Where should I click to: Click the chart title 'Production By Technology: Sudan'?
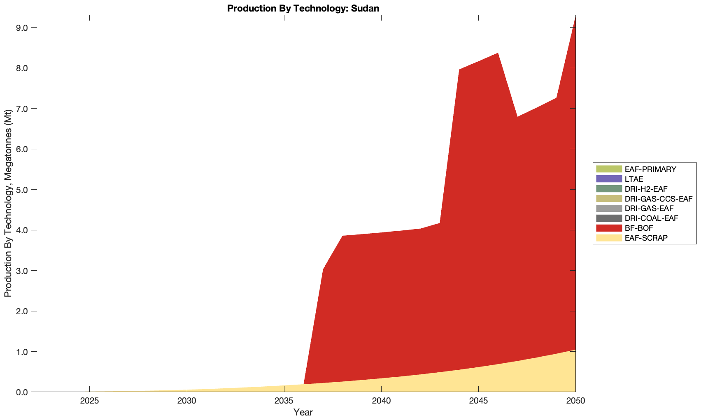click(x=303, y=8)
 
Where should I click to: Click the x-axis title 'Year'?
click(x=303, y=412)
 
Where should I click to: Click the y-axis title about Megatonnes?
click(x=8, y=204)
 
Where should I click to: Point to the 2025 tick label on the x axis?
click(x=89, y=401)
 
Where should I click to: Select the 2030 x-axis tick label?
click(x=187, y=401)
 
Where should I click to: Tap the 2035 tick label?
click(x=284, y=401)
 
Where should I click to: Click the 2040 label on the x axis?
click(x=381, y=401)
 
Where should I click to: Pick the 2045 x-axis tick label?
click(x=478, y=401)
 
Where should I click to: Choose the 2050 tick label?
click(x=575, y=401)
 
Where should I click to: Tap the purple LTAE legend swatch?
click(x=608, y=179)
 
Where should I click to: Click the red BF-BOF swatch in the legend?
click(x=608, y=228)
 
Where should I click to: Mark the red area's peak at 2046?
click(x=498, y=53)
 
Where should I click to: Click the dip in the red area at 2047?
click(x=517, y=117)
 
